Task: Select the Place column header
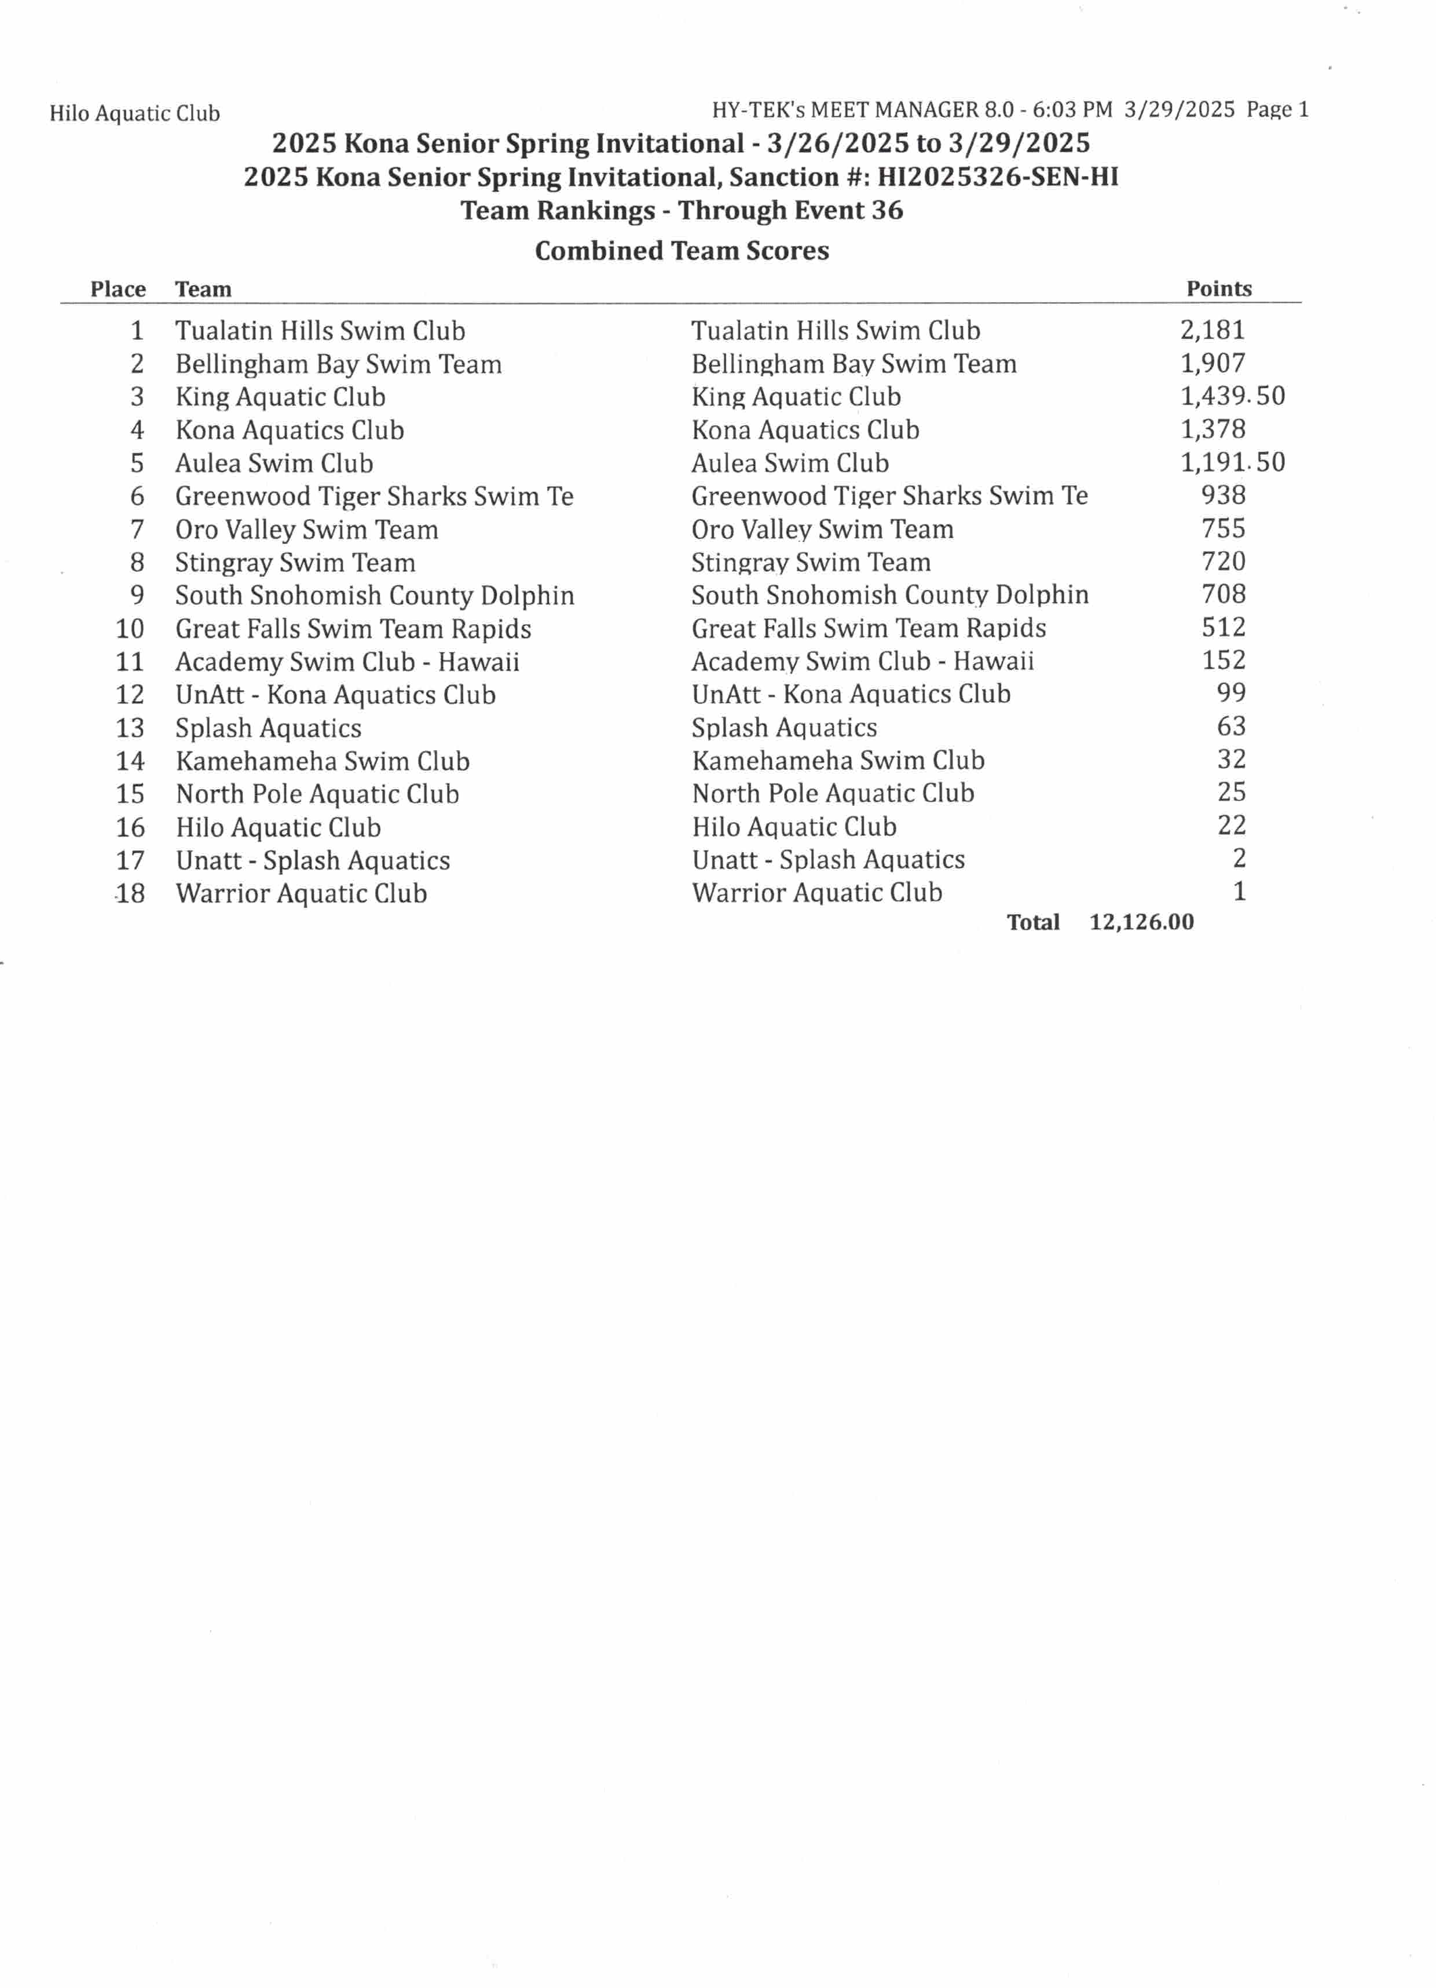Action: coord(118,289)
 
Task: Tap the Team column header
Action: coord(203,289)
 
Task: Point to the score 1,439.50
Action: coord(1232,396)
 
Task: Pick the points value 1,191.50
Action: coord(1232,462)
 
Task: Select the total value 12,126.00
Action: coord(1141,922)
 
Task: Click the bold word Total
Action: coord(1033,922)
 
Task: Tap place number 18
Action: coord(130,893)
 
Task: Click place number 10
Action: coord(130,629)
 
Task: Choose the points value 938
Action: coord(1223,495)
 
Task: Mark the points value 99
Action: coord(1231,694)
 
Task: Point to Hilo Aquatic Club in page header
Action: coord(134,113)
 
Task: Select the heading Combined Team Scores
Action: coord(681,251)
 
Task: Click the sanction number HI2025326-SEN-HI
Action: coord(998,177)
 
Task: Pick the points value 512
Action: coord(1223,628)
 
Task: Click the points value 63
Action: coord(1231,727)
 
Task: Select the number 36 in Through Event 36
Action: coord(886,210)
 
